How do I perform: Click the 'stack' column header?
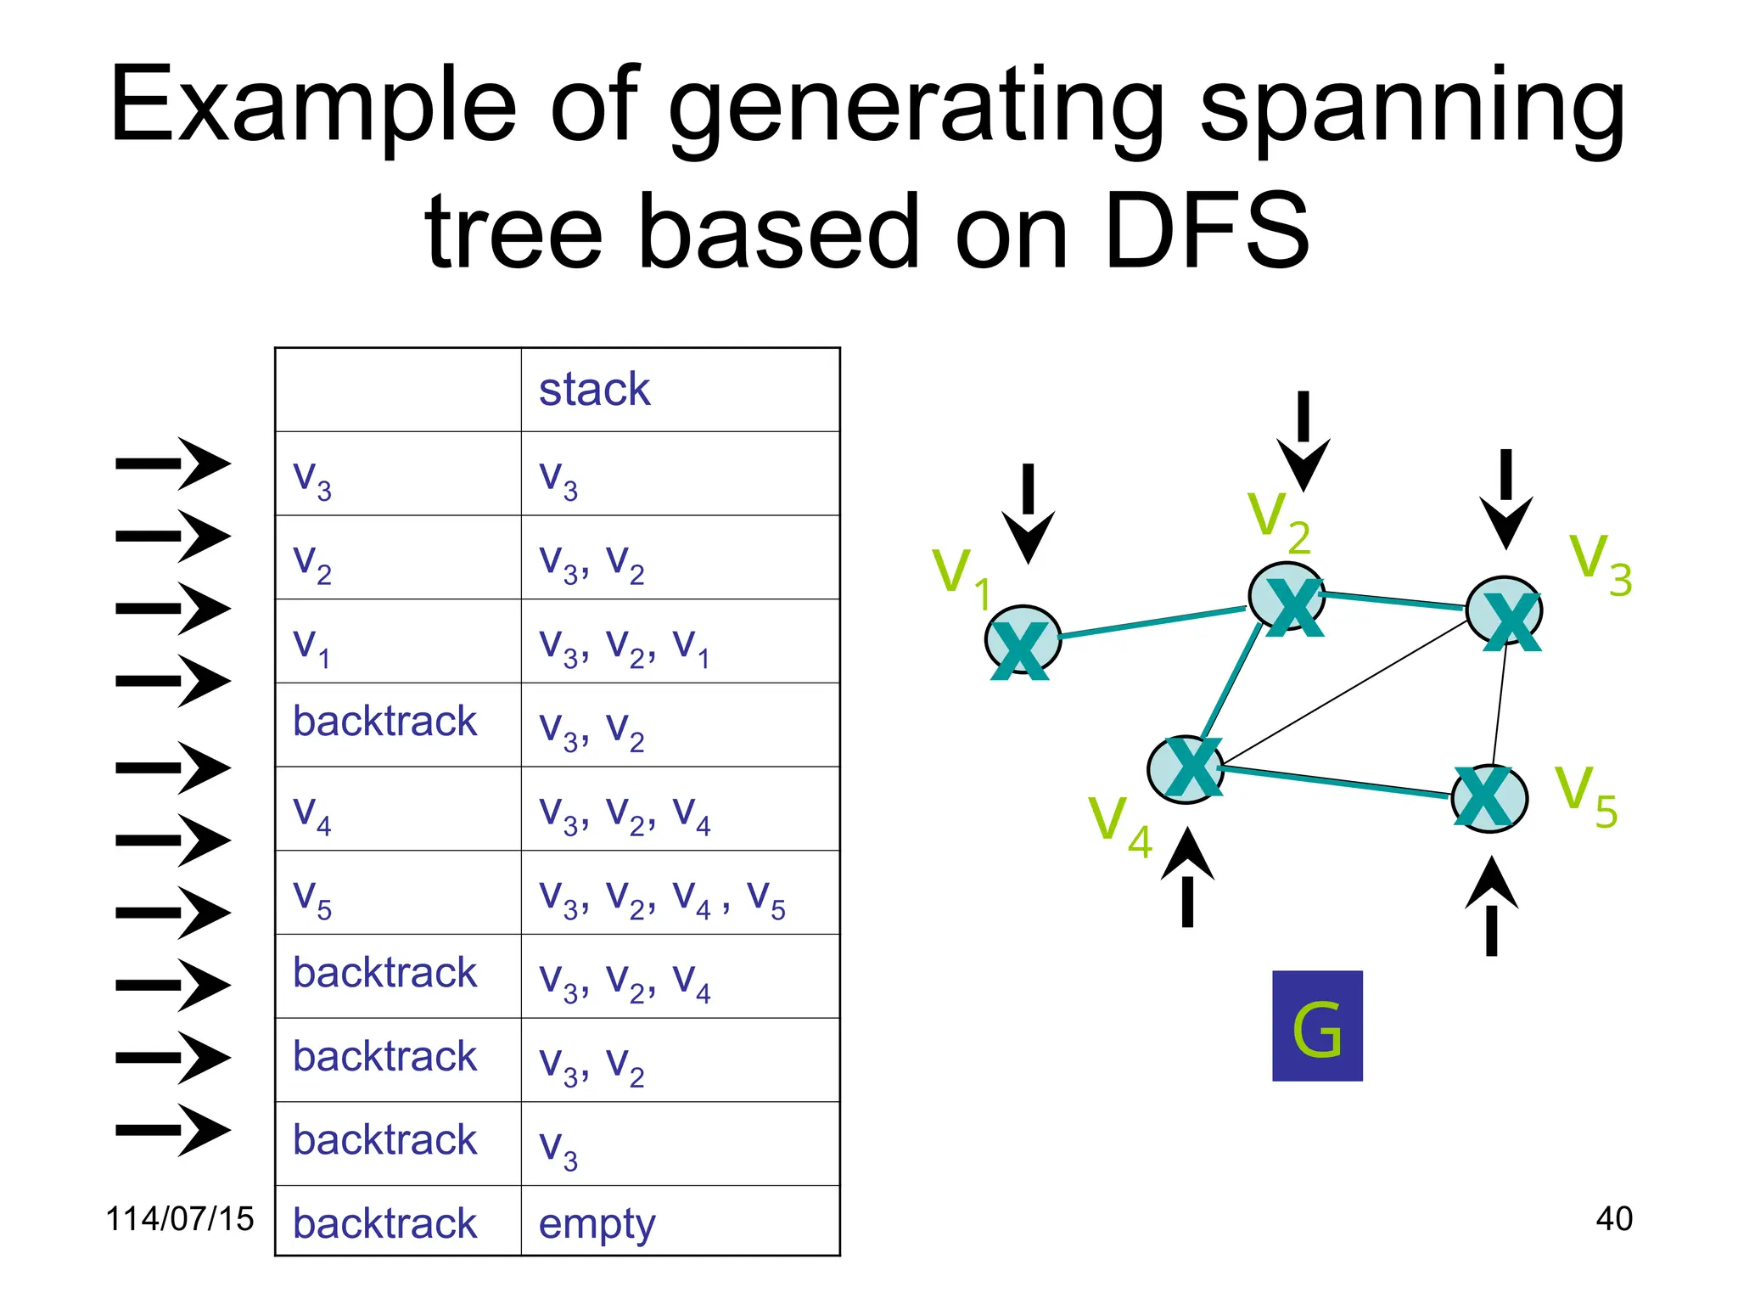click(594, 391)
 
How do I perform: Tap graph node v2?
click(1287, 599)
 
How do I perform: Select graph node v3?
click(1505, 611)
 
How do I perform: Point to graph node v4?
click(1186, 769)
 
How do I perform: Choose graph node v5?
click(1489, 798)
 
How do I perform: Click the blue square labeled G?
click(1317, 1026)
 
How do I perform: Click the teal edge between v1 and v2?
click(1152, 622)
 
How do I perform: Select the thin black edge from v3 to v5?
click(1500, 705)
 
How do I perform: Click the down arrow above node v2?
click(1303, 441)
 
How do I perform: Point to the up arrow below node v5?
click(1491, 907)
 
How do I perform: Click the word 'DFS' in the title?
click(1208, 231)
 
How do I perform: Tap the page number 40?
click(1613, 1219)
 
